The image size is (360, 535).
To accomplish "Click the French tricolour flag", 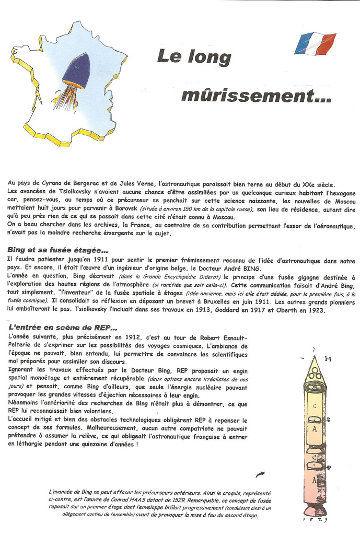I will tap(315, 43).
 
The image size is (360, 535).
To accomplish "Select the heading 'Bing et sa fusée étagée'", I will tap(58, 250).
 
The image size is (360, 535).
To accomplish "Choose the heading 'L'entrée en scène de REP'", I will tap(63, 328).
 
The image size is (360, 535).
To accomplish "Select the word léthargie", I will tap(29, 445).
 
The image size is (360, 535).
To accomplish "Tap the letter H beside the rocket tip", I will tap(328, 359).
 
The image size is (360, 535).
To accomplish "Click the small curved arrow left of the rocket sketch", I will tap(260, 474).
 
